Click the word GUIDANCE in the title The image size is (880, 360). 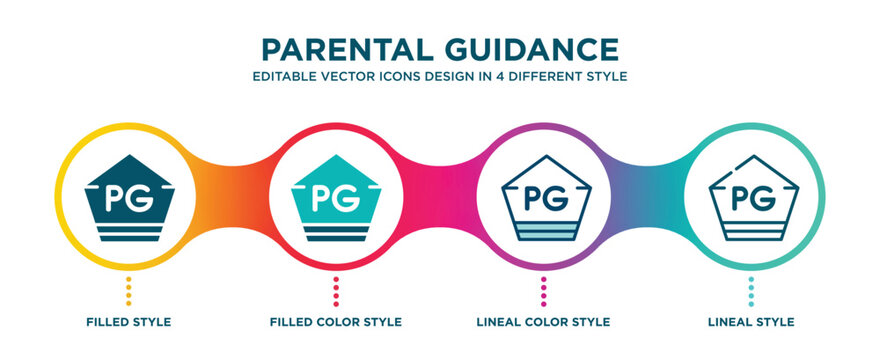(x=532, y=49)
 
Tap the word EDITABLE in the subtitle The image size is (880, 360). (x=288, y=77)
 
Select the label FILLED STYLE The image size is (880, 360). (x=128, y=322)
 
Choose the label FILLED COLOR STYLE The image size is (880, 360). (x=336, y=322)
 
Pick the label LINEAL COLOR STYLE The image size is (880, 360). (x=543, y=322)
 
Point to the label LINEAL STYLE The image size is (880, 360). (x=751, y=322)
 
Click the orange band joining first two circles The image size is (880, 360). (x=232, y=190)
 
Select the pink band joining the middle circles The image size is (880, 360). (x=440, y=190)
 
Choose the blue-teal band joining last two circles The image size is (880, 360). (x=647, y=190)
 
